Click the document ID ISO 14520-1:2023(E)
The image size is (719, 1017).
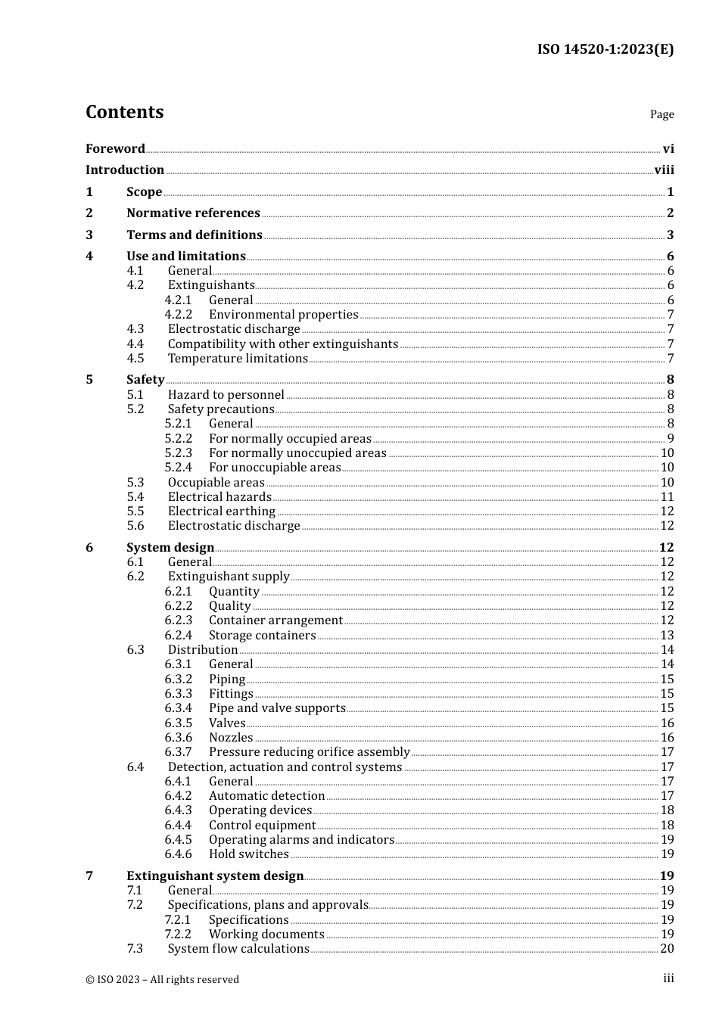click(605, 49)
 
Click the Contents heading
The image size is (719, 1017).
click(124, 112)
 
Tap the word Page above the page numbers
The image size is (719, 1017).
click(661, 114)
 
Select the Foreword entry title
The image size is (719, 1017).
click(115, 149)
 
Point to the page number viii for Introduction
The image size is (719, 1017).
click(664, 170)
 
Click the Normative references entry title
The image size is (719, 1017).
click(193, 213)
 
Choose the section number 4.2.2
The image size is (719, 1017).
click(179, 315)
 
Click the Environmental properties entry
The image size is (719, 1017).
click(283, 315)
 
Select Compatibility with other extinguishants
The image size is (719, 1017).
click(282, 344)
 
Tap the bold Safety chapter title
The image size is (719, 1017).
click(145, 380)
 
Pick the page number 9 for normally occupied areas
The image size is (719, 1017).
click(670, 439)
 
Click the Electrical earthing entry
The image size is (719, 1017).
click(221, 512)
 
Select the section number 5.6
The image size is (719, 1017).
click(135, 526)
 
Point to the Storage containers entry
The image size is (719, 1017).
click(262, 636)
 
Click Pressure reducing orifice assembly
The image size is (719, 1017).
click(309, 752)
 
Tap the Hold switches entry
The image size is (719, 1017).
click(248, 854)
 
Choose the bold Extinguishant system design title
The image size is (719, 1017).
click(215, 876)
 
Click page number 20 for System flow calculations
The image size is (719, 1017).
click(667, 949)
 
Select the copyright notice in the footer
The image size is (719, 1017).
click(162, 980)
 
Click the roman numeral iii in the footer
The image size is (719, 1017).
click(668, 978)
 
